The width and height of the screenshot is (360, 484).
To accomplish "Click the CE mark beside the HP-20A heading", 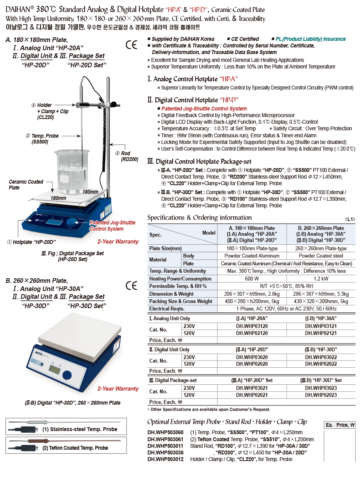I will click(132, 45).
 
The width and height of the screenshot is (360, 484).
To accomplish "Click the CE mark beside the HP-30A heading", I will click(132, 286).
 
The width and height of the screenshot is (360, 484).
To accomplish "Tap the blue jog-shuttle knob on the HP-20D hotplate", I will click(72, 223).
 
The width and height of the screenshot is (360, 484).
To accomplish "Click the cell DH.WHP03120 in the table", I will click(252, 326).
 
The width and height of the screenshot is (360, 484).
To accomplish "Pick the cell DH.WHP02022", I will click(321, 364).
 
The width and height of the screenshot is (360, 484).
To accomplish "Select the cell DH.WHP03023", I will click(321, 388).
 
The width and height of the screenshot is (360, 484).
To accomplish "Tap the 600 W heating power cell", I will click(252, 279).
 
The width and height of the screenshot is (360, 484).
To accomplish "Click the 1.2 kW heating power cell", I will click(321, 279).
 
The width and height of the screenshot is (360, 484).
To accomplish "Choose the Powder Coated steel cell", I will click(321, 256).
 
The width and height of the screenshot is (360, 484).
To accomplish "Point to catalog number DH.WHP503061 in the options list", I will click(165, 439).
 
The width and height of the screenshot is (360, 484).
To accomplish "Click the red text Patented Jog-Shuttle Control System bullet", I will click(204, 109).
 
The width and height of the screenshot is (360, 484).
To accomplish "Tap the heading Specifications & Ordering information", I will click(199, 217).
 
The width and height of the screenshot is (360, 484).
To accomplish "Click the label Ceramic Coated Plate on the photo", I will click(26, 185).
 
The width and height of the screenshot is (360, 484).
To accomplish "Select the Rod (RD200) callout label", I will click(129, 156).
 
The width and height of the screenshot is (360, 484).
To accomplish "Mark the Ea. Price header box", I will click(340, 425).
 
